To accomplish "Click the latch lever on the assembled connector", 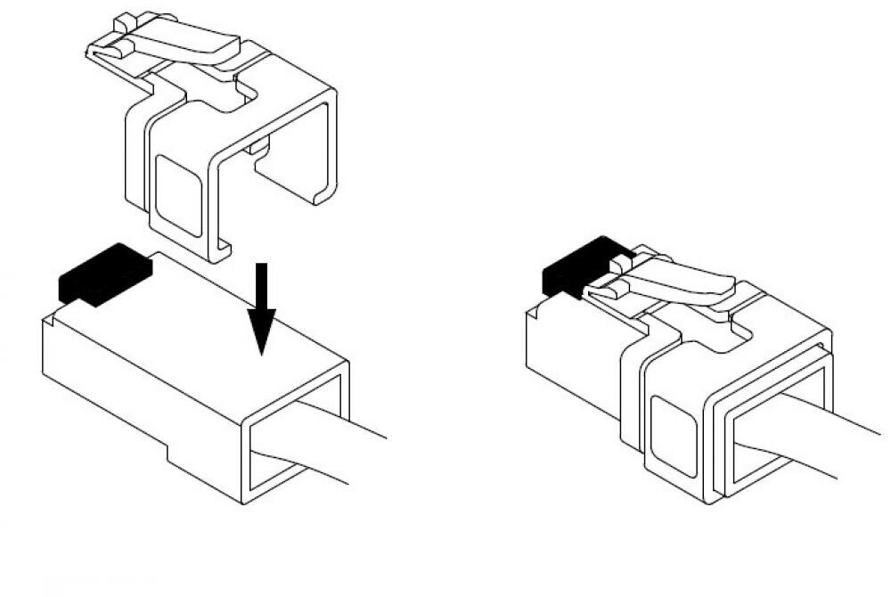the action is coord(682,281).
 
